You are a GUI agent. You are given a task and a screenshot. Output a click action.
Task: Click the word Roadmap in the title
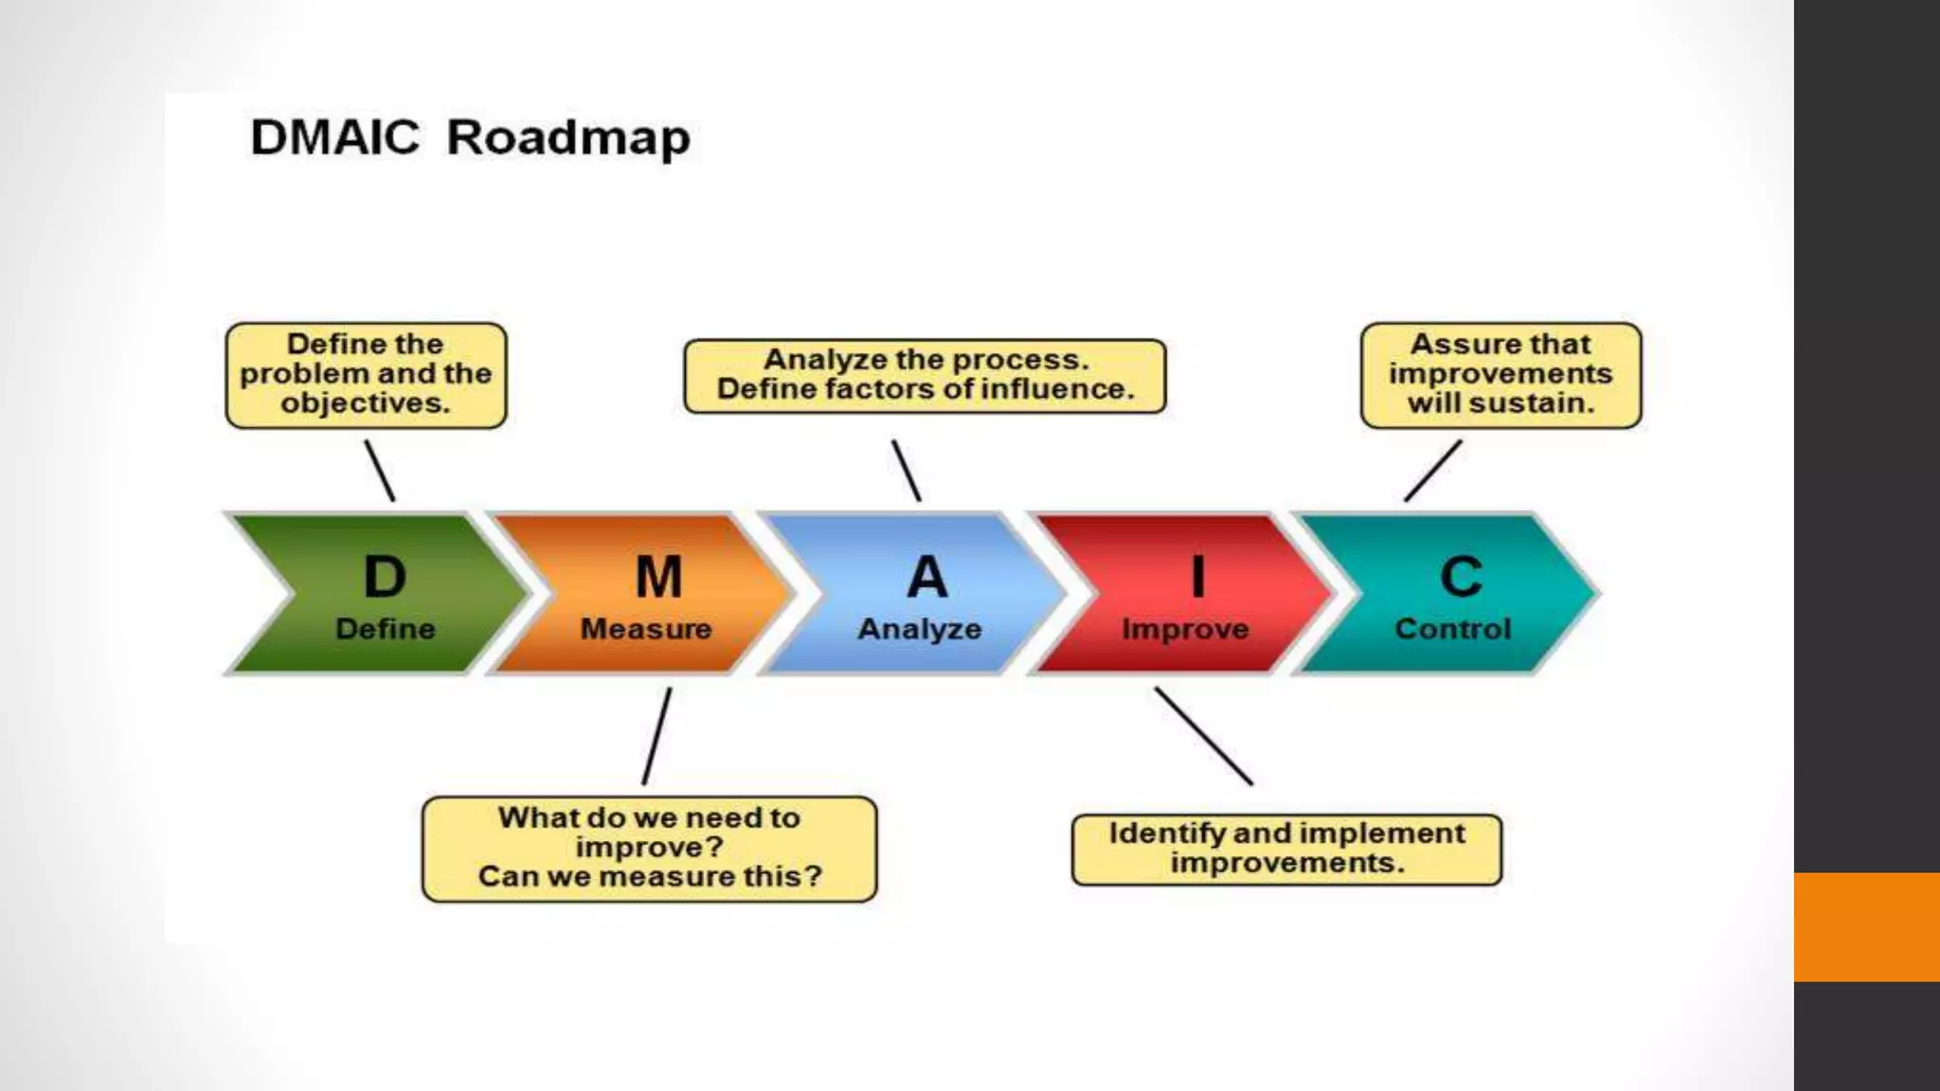[x=568, y=139]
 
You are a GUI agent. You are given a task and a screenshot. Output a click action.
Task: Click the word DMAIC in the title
[x=334, y=138]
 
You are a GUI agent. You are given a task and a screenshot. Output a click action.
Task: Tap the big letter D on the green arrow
[x=385, y=577]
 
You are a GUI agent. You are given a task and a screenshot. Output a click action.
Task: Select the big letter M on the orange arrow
[x=658, y=577]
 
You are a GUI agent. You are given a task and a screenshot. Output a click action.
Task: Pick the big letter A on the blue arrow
[x=926, y=577]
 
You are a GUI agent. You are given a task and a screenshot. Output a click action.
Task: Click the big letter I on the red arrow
[x=1198, y=577]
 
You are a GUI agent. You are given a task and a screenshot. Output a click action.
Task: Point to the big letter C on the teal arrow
[x=1461, y=577]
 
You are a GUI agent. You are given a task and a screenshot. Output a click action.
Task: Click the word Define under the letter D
[x=385, y=629]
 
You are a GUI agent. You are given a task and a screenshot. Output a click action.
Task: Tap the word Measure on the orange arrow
[x=646, y=629]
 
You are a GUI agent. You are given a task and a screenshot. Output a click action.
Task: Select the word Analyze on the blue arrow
[x=920, y=630]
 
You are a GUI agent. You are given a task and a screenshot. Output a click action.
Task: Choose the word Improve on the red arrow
[x=1185, y=630]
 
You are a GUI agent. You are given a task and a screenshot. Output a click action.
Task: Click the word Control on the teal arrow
[x=1452, y=629]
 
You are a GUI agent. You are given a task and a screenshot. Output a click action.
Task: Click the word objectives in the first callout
[x=364, y=403]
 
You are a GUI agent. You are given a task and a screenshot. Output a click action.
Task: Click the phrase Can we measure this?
[x=650, y=876]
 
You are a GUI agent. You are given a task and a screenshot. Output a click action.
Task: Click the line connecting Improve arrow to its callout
[x=1203, y=736]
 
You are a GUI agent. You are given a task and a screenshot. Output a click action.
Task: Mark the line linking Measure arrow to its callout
[x=656, y=736]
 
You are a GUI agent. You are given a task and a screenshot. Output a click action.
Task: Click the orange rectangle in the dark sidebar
[x=1866, y=926]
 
